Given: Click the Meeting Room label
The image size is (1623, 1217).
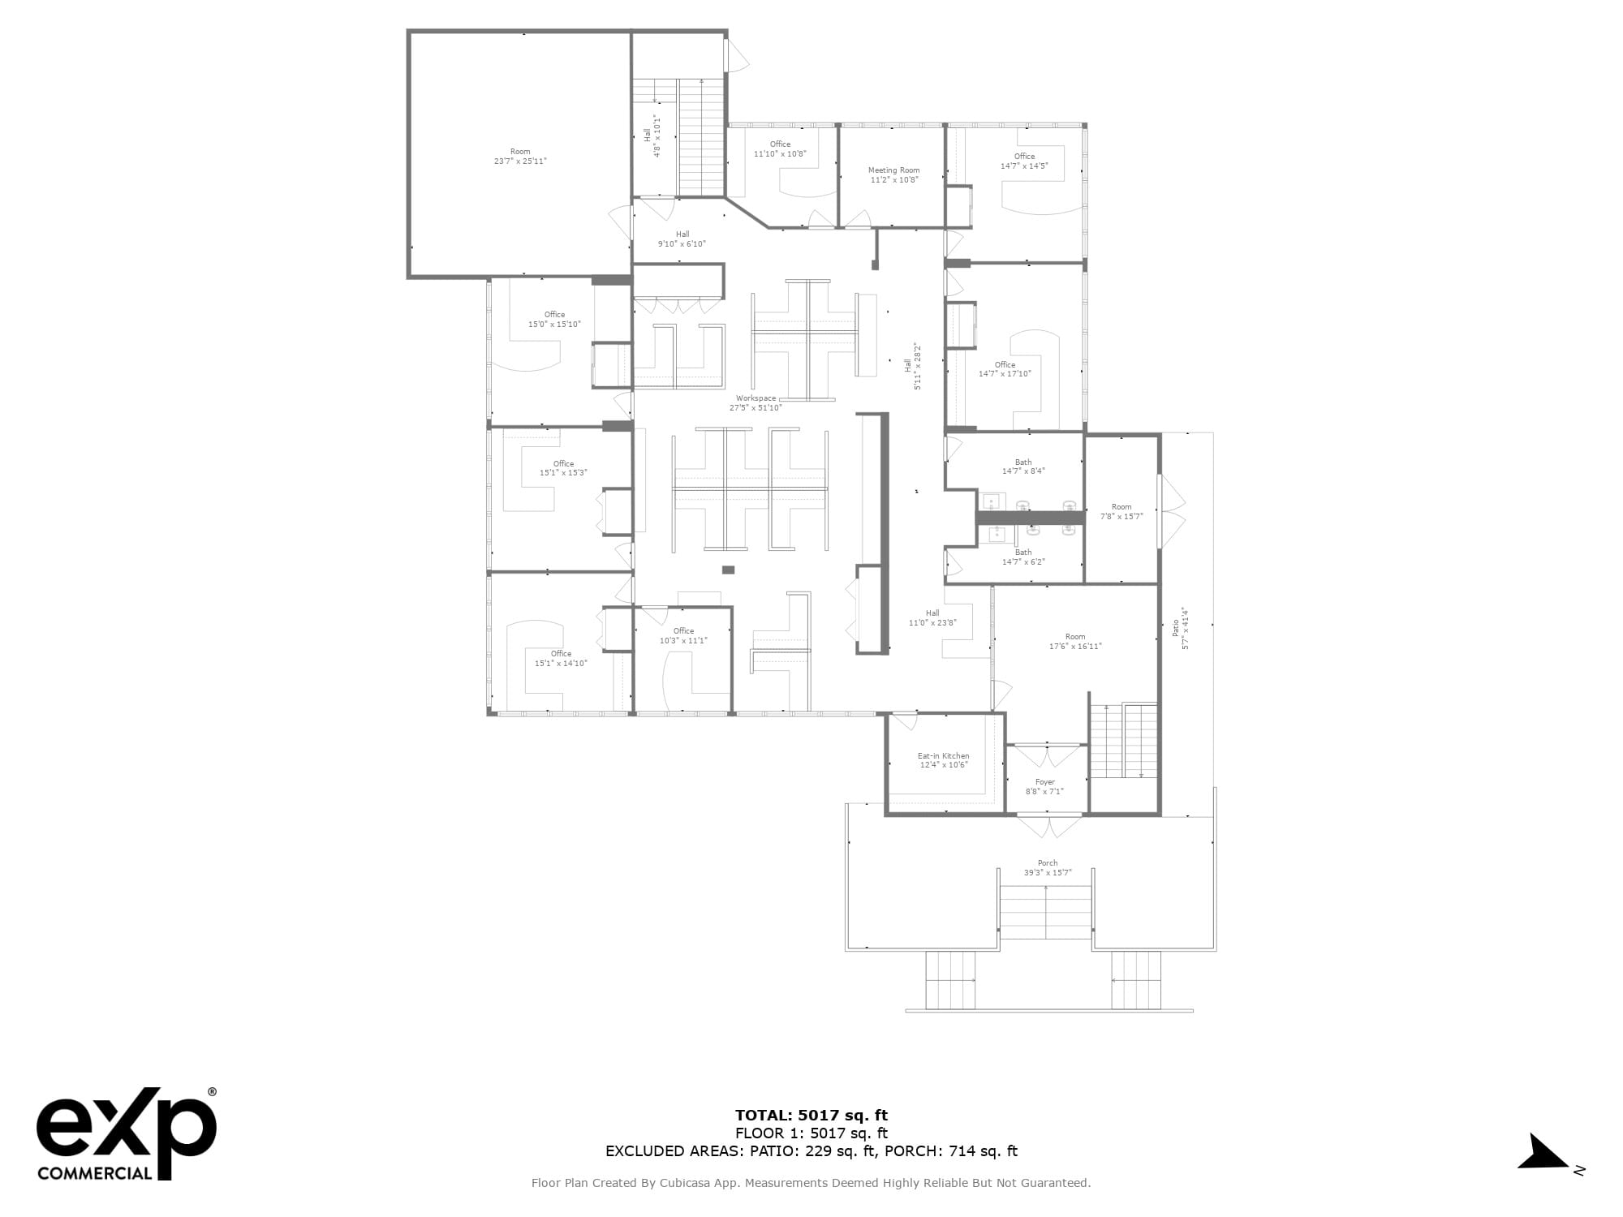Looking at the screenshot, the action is [x=893, y=170].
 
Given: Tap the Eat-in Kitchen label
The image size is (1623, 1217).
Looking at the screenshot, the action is [x=943, y=755].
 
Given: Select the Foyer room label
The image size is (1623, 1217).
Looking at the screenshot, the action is [x=1044, y=782].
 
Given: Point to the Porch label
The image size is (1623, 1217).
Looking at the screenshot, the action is [x=1048, y=863].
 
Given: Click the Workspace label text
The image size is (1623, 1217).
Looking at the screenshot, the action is [x=756, y=398].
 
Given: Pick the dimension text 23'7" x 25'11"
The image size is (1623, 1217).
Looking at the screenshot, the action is [x=520, y=161].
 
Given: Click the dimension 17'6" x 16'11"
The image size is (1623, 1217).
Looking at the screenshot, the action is [x=1075, y=647].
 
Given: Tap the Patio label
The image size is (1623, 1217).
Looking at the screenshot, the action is [x=1175, y=627].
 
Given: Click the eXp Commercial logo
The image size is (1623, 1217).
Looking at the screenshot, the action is [x=127, y=1133].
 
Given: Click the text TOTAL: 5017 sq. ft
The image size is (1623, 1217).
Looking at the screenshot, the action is [x=811, y=1116].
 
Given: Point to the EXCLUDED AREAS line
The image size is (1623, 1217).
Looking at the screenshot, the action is [x=811, y=1151].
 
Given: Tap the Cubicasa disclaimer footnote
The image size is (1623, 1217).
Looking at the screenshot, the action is [x=811, y=1183].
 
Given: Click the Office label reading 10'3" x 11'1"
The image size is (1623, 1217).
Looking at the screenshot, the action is [x=683, y=640].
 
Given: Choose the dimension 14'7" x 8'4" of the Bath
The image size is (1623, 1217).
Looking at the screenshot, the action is [x=1023, y=471].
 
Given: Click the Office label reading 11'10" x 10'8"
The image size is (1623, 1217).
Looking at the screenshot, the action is [x=780, y=153].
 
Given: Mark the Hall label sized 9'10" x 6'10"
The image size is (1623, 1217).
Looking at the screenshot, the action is [x=682, y=243].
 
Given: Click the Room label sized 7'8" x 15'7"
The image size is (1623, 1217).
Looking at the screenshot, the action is [x=1121, y=516].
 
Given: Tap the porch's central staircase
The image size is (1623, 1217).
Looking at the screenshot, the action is [x=1045, y=913].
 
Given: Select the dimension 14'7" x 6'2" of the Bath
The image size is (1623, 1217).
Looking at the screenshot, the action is [x=1023, y=561].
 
